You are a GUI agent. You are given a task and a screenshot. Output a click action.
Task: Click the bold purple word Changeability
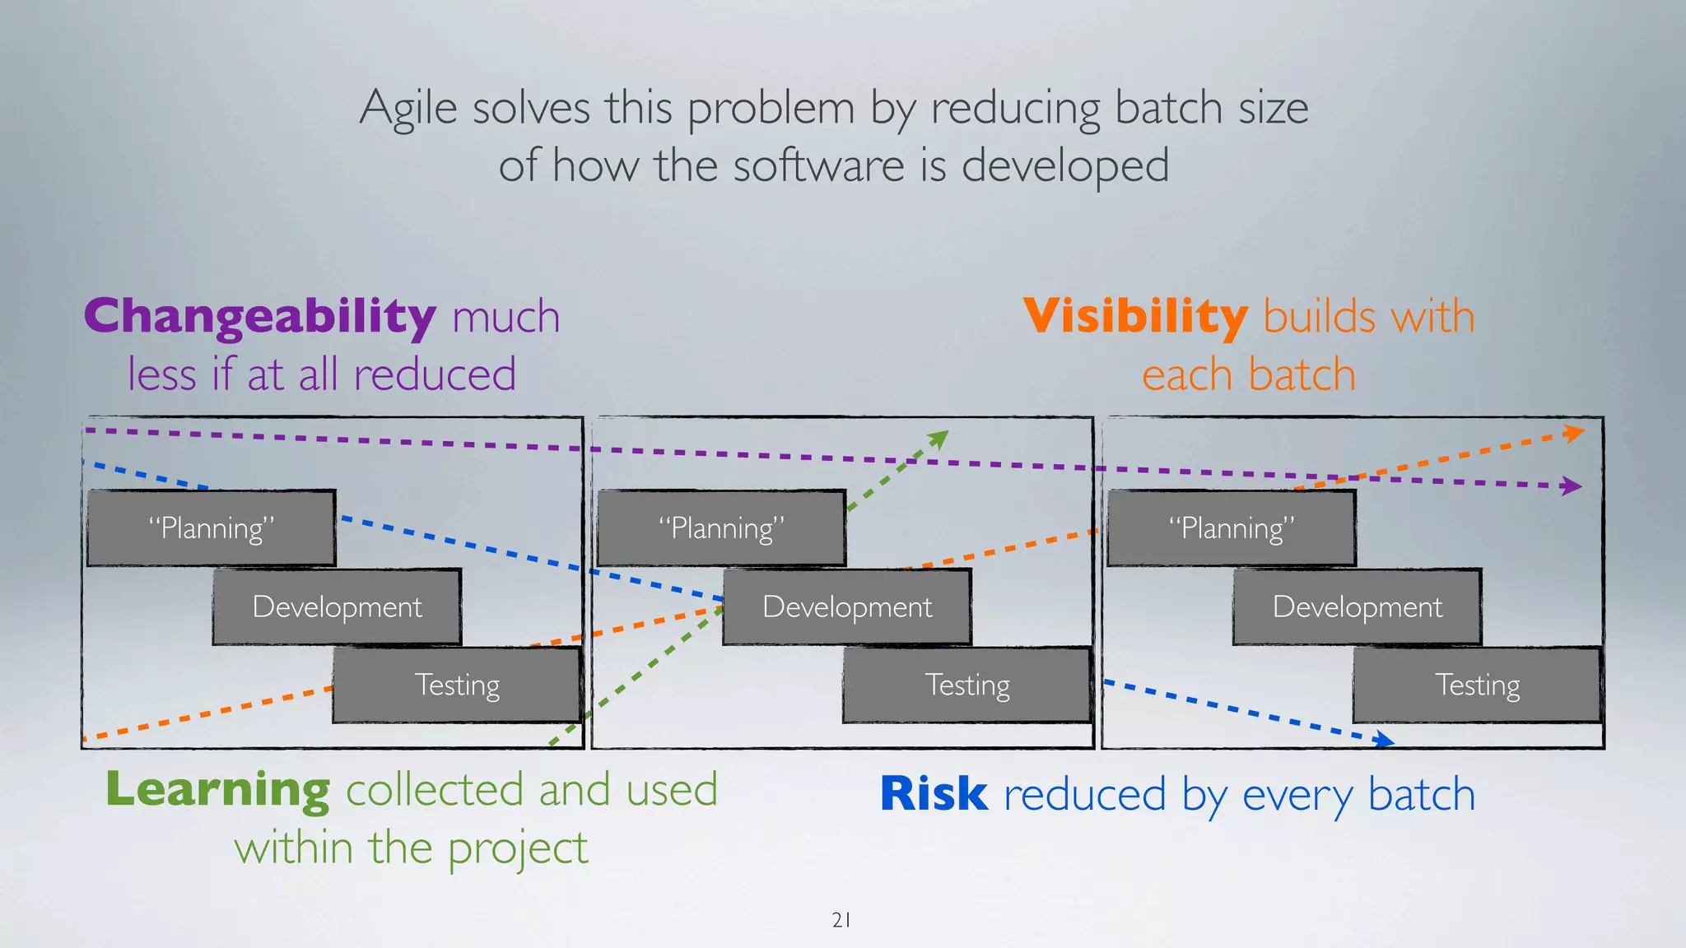[259, 318]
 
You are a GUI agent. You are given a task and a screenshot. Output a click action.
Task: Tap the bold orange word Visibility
[1135, 317]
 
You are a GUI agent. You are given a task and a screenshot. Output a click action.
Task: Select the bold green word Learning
[218, 790]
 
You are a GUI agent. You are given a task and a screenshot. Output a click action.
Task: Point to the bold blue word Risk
[934, 794]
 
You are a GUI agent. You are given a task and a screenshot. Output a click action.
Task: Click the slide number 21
[841, 920]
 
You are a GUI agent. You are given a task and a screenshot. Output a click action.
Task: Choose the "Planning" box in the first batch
[212, 527]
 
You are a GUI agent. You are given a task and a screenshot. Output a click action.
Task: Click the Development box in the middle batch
[847, 606]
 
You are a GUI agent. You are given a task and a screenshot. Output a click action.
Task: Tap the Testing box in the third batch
[1477, 685]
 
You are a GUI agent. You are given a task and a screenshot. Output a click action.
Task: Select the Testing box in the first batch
[457, 685]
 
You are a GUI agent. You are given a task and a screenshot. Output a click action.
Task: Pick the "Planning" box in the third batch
[1232, 527]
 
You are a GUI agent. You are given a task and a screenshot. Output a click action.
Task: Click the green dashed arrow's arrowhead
[939, 439]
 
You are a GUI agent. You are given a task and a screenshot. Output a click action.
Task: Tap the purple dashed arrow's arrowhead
[1572, 486]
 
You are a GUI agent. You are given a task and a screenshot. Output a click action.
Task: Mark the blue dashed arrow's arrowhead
[1386, 741]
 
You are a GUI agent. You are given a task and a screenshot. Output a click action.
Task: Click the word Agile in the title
[408, 109]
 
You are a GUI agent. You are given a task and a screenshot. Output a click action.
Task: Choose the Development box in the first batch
[337, 606]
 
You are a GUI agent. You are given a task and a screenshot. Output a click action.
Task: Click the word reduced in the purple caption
[435, 375]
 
